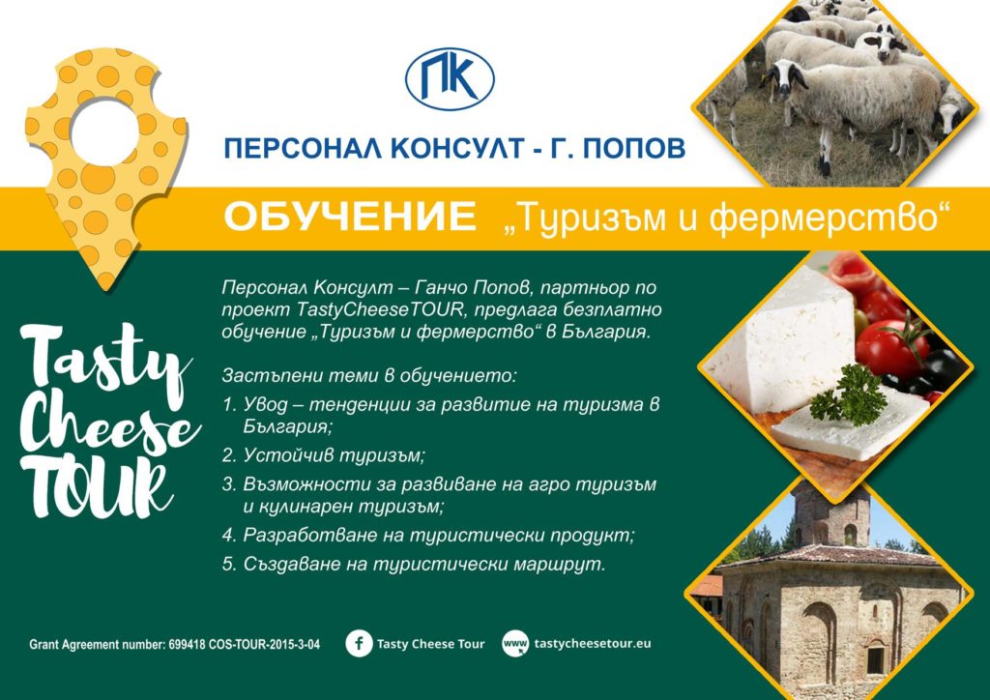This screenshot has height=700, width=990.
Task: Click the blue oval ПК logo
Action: point(450,79)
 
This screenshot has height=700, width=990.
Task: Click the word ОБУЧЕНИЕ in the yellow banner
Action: point(350,217)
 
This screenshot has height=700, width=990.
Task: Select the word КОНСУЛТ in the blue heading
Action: point(457,148)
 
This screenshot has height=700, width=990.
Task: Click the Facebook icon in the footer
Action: point(360,644)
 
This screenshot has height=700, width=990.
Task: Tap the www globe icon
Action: point(515,644)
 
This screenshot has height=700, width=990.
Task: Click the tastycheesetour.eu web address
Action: point(593,644)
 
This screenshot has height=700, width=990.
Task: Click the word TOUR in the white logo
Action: point(96,486)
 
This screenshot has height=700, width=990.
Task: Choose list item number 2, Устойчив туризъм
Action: point(324,455)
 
